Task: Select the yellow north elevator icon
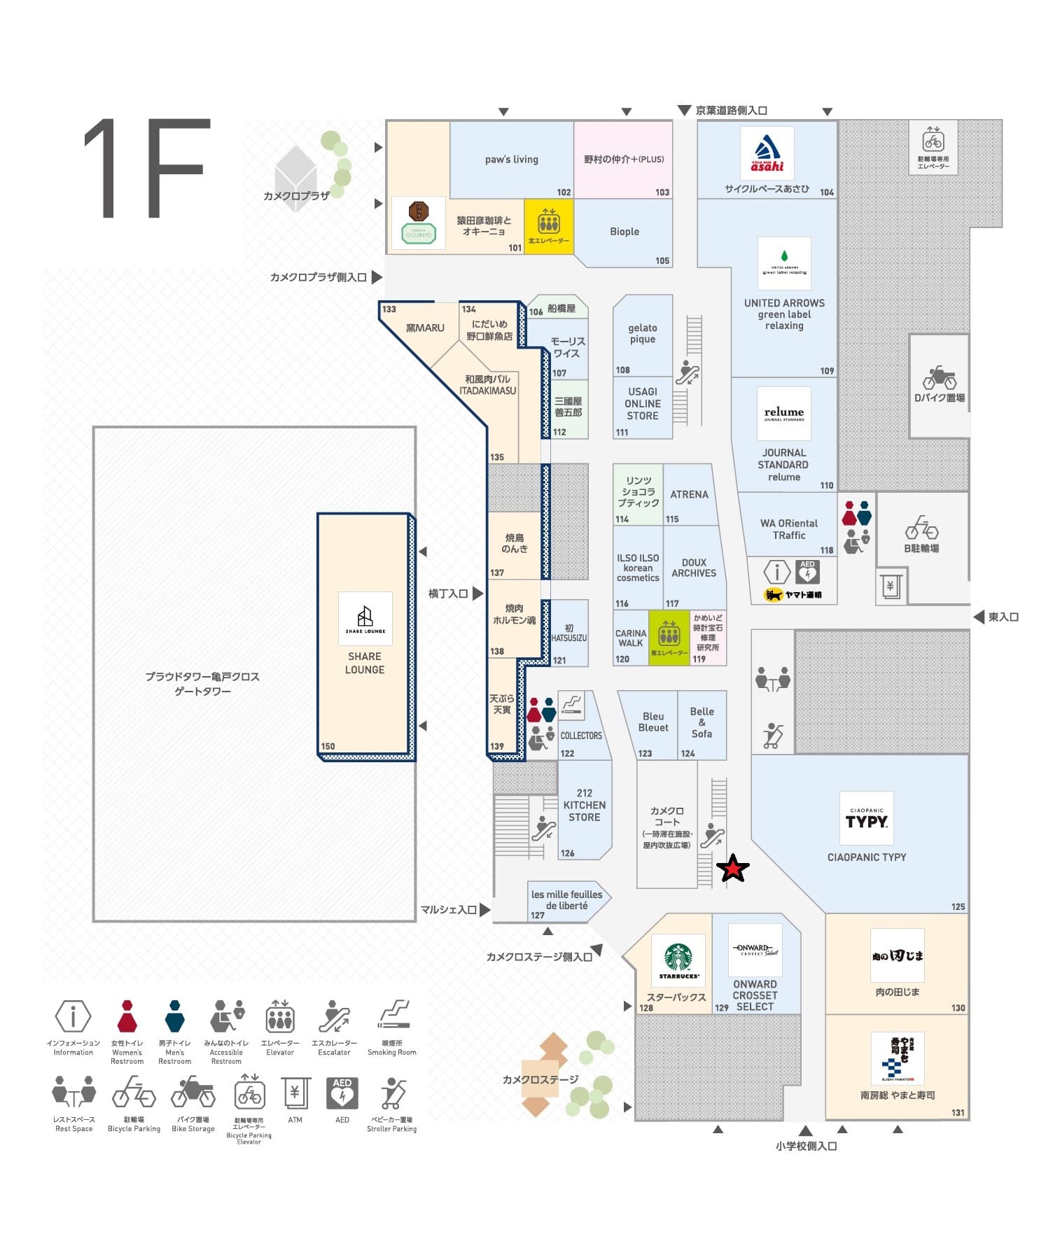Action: (x=548, y=223)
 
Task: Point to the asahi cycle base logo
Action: (x=767, y=153)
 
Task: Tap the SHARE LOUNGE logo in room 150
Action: (x=365, y=618)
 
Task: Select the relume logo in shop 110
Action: (x=783, y=413)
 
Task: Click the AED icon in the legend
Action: (x=342, y=1093)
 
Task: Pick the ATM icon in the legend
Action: (x=295, y=1093)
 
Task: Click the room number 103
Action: (x=662, y=192)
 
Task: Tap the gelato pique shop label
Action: (x=642, y=333)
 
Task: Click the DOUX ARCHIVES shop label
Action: (x=693, y=568)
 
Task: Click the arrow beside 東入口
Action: (x=978, y=617)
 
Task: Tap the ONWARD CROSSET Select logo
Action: (x=755, y=950)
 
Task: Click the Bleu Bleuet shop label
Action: (x=653, y=722)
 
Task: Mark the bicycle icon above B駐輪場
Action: (x=921, y=528)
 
